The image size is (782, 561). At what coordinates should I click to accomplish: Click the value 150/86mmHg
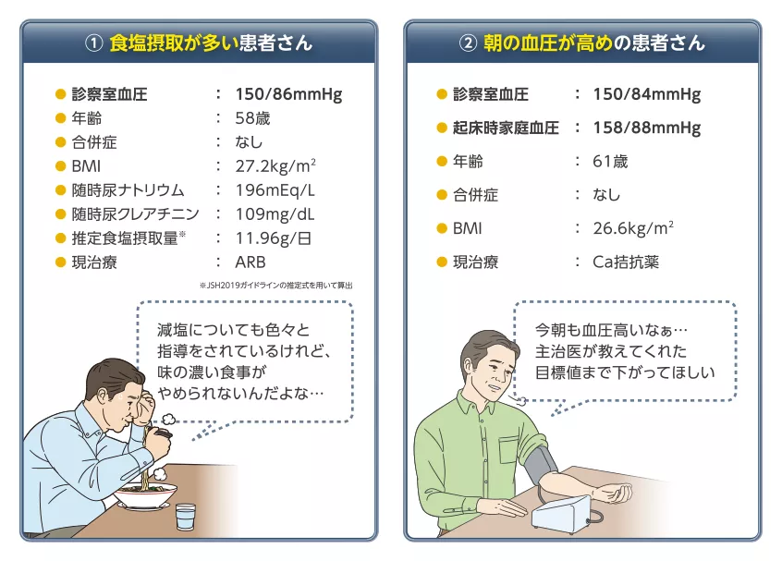(288, 94)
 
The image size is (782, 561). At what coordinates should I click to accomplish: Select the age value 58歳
(252, 118)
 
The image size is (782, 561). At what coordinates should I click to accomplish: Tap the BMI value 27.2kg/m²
(276, 166)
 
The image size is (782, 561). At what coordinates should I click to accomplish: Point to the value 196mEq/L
(275, 190)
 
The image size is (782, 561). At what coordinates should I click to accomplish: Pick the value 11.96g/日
(272, 238)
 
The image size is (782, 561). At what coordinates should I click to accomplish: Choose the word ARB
(250, 262)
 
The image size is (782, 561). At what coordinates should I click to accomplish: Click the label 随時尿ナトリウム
(128, 190)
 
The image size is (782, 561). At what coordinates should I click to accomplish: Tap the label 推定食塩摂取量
(124, 238)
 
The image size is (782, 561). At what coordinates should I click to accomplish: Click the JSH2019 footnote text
(275, 286)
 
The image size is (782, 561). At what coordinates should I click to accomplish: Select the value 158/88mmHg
(646, 128)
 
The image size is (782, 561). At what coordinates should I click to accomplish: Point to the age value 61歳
(610, 162)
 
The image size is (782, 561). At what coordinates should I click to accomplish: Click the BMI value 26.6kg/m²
(633, 228)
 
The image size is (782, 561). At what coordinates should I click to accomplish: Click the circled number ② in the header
(469, 43)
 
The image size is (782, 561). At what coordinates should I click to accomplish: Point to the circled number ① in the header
(92, 43)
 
